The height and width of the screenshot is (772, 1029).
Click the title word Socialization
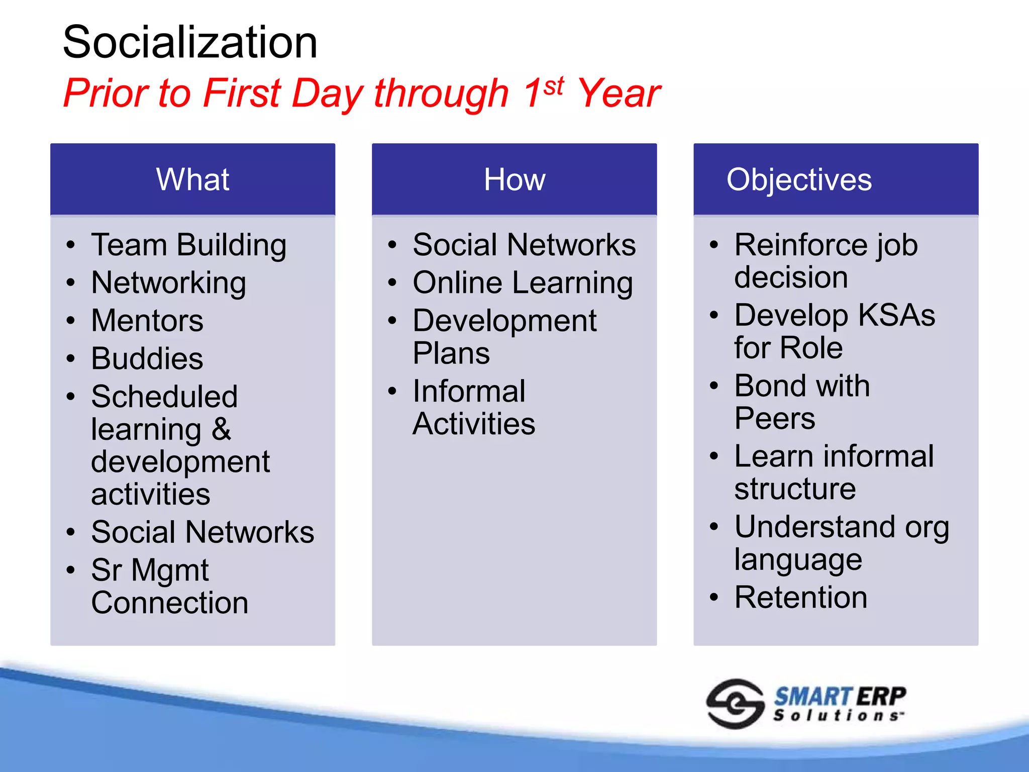click(x=190, y=42)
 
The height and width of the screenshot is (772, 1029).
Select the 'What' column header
click(x=192, y=179)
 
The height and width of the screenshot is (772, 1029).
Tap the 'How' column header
click(x=514, y=179)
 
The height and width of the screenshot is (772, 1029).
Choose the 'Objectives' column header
click(x=799, y=179)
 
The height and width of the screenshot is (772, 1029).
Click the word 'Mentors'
click(x=147, y=321)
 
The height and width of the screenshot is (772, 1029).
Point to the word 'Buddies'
click(x=147, y=359)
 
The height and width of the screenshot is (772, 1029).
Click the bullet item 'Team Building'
click(x=189, y=245)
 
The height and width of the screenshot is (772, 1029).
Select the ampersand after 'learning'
click(x=221, y=429)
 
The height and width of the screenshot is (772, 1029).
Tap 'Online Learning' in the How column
click(x=523, y=283)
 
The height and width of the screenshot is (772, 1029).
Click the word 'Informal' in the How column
click(x=469, y=392)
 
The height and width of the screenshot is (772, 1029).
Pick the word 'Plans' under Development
click(x=451, y=353)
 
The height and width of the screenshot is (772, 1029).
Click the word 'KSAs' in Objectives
click(x=896, y=316)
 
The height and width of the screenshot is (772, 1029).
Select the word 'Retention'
click(x=801, y=598)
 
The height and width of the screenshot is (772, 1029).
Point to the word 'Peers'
click(x=774, y=419)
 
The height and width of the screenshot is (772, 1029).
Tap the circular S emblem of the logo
click(x=735, y=704)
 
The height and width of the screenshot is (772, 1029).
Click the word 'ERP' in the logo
click(x=881, y=697)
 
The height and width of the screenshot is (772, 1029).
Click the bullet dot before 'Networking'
click(x=71, y=283)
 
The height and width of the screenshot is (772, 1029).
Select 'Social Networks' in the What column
click(x=202, y=532)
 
